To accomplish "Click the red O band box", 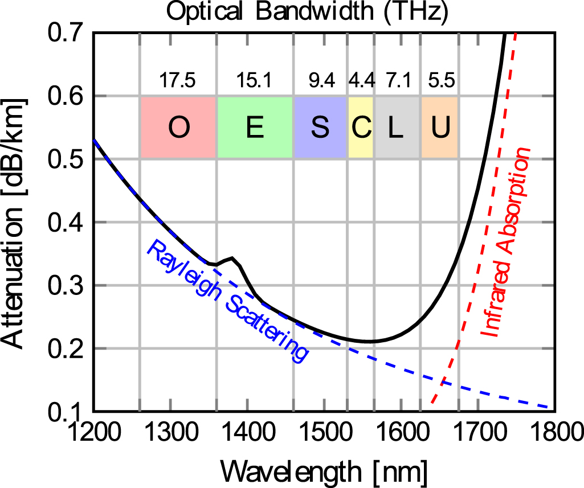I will click(178, 128).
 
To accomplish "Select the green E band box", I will click(255, 128).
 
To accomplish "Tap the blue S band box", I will click(320, 128).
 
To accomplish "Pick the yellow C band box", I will click(361, 128).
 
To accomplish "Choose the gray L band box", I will click(397, 128).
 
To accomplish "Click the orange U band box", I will click(440, 128).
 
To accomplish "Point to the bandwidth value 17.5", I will click(178, 81).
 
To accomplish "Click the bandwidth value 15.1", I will click(255, 81).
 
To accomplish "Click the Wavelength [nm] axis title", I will click(324, 470).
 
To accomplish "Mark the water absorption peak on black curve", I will click(231, 258).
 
